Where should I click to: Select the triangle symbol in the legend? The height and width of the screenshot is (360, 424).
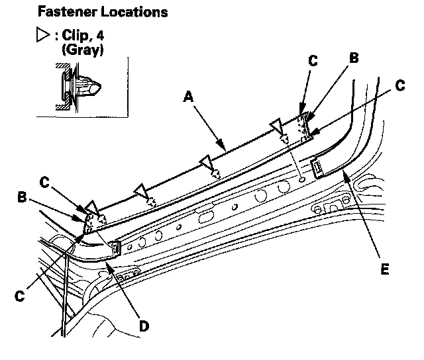click(43, 34)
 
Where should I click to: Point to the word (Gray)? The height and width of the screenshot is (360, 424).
click(83, 50)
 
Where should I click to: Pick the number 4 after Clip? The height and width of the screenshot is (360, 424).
click(100, 35)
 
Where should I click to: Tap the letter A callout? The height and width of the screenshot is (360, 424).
click(188, 97)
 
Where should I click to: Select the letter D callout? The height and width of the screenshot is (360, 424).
click(144, 326)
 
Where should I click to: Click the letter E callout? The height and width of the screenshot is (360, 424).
click(384, 269)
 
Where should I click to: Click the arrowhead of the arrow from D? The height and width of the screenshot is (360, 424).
click(108, 267)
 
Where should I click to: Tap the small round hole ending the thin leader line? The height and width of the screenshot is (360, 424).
click(302, 179)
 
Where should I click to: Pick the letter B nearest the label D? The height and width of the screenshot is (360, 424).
click(22, 197)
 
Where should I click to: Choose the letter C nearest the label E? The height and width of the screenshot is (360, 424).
click(400, 85)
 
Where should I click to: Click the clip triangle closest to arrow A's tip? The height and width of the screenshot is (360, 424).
click(205, 161)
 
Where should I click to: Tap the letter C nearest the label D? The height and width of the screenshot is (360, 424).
click(20, 296)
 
